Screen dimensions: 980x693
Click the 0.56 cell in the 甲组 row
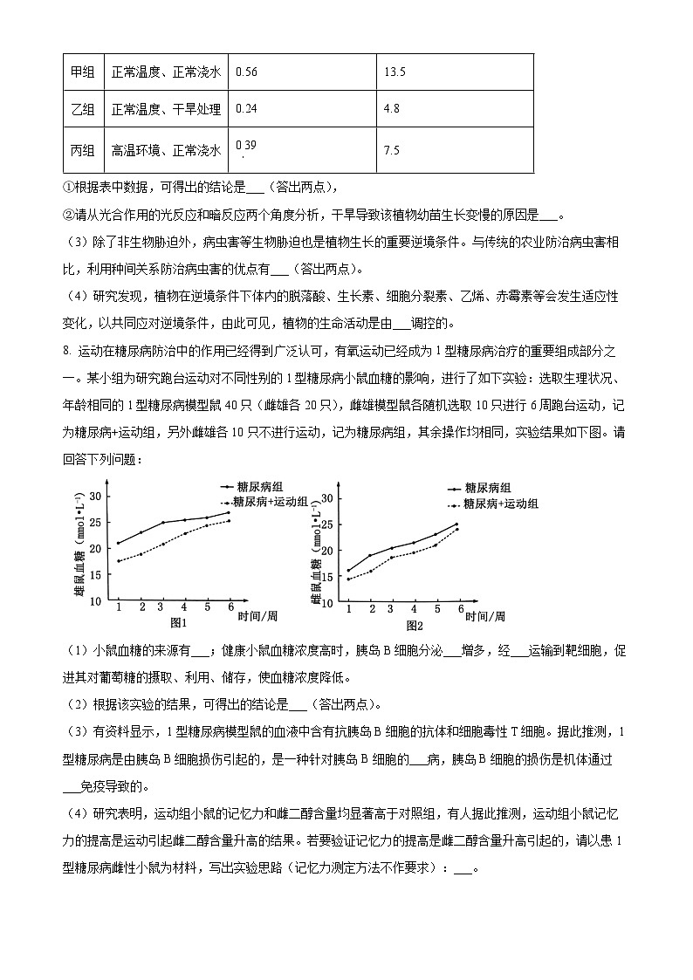pyautogui.click(x=247, y=72)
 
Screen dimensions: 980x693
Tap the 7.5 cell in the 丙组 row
pyautogui.click(x=391, y=150)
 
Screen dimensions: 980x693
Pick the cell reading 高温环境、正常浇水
pyautogui.click(x=166, y=150)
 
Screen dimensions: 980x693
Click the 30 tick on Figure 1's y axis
pyautogui.click(x=96, y=497)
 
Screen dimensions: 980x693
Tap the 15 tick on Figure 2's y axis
pyautogui.click(x=327, y=577)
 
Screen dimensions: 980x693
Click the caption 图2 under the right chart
pyautogui.click(x=414, y=625)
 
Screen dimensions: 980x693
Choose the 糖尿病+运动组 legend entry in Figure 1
pyautogui.click(x=266, y=502)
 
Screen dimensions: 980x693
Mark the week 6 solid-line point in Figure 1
pyautogui.click(x=230, y=512)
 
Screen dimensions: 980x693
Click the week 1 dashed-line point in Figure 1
pyautogui.click(x=118, y=561)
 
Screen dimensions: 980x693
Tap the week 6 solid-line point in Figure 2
pyautogui.click(x=456, y=524)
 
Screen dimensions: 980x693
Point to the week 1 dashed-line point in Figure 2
pyautogui.click(x=348, y=579)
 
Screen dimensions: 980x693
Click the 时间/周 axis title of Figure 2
pyautogui.click(x=484, y=616)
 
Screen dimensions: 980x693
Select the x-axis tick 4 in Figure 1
pyautogui.click(x=184, y=607)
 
